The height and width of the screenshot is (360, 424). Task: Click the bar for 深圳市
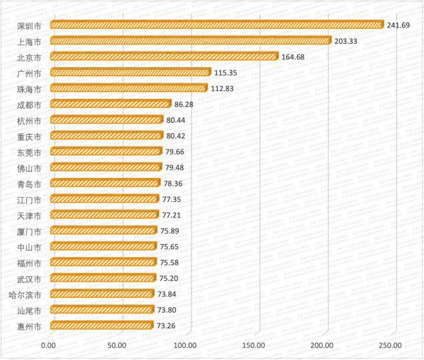point(216,25)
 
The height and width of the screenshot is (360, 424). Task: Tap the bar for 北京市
point(164,56)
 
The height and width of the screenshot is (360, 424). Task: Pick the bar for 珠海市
point(129,88)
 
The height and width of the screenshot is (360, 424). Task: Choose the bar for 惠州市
point(102,325)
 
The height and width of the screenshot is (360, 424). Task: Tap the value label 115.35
point(228,73)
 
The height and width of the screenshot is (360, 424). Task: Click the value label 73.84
point(170,294)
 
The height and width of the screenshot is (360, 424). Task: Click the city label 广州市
point(28,73)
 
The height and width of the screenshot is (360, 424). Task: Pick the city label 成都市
point(28,104)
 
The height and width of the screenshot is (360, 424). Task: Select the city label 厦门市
point(28,231)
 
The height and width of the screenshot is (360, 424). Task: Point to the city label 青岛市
point(28,184)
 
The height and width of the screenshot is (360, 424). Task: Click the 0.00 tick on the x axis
point(49,344)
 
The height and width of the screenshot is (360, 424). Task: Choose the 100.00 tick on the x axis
point(185,344)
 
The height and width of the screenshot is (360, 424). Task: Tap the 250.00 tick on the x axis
point(390,344)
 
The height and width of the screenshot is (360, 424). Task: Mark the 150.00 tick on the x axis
point(254,344)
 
